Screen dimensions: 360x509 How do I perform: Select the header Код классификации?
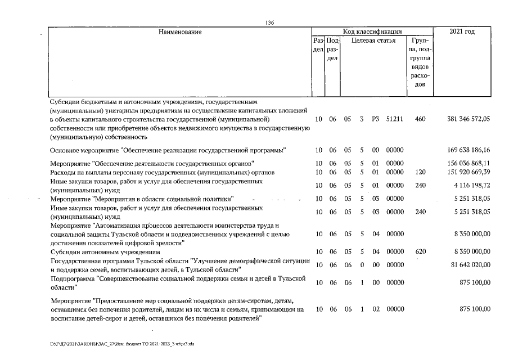point(372,31)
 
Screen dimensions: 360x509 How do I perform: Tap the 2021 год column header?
point(462,31)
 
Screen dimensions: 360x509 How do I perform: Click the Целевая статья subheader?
point(373,40)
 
